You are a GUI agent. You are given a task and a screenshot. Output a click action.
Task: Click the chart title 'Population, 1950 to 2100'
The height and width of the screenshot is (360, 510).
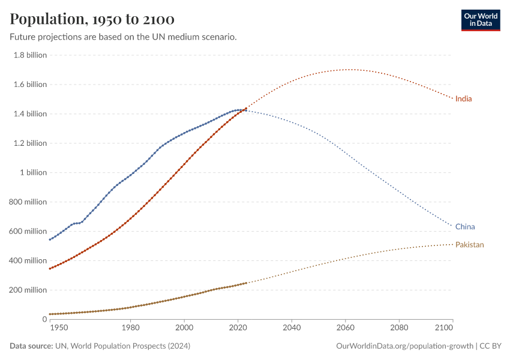tap(92, 19)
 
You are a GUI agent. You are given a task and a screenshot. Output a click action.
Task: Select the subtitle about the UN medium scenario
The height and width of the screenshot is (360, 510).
tap(123, 37)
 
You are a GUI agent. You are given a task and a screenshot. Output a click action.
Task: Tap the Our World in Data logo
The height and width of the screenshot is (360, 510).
tap(481, 20)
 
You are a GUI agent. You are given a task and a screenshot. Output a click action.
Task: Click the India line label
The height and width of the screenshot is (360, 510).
tap(463, 98)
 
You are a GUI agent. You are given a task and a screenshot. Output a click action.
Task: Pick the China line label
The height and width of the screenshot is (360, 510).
tap(465, 227)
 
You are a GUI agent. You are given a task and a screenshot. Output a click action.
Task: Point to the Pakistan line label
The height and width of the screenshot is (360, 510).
tap(469, 245)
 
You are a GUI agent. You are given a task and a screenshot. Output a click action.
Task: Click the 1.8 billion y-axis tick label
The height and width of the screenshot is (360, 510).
tap(30, 55)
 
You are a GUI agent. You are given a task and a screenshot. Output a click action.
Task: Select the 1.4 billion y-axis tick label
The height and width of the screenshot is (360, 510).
tap(30, 114)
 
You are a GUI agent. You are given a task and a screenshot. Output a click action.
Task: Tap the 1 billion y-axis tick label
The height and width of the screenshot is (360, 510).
tap(34, 173)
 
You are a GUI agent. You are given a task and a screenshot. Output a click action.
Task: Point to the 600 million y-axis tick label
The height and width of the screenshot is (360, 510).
tap(28, 232)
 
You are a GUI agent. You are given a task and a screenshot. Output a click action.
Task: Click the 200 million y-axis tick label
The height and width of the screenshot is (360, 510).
tap(28, 290)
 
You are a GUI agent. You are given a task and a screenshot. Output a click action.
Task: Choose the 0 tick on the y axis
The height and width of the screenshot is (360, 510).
tap(44, 320)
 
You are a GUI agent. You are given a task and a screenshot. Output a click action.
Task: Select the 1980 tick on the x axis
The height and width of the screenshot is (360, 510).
tap(130, 328)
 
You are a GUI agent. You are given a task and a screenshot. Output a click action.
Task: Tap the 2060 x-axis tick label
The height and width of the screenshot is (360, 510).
tap(345, 328)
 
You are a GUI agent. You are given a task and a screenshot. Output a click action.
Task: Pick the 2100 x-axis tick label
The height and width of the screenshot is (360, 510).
tap(443, 328)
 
